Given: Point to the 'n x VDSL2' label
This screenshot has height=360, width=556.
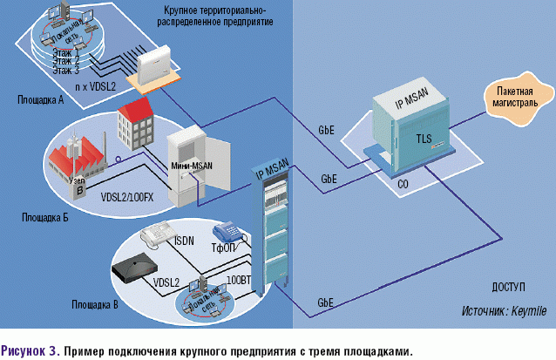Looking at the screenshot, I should point(98,87).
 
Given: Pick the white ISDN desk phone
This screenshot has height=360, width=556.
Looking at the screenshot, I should point(157,234).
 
